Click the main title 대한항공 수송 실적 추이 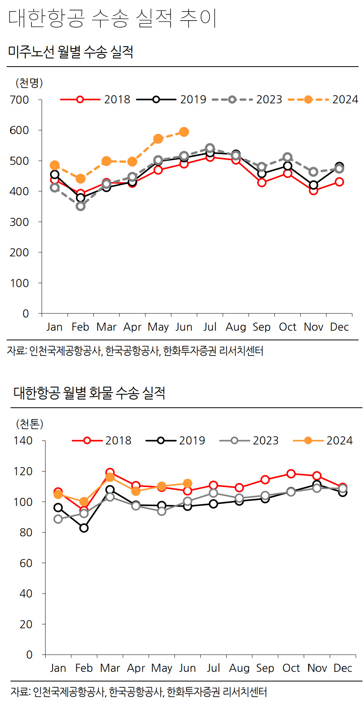tap(112, 18)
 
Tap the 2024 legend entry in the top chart tap(323, 100)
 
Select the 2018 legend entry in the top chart tap(95, 100)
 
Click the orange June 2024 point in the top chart tap(184, 132)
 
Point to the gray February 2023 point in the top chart tap(81, 206)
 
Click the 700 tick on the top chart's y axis tap(19, 100)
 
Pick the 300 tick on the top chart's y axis tap(19, 222)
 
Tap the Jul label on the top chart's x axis tap(210, 327)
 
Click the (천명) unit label tap(29, 83)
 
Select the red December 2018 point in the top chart tap(339, 182)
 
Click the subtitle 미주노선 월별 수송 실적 tap(70, 52)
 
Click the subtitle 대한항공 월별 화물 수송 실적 tap(89, 393)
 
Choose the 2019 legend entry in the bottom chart tap(175, 440)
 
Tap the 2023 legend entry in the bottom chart tap(249, 440)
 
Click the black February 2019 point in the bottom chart tap(84, 528)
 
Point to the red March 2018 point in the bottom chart tap(110, 472)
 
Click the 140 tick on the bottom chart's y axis tap(23, 441)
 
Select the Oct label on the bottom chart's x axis tap(291, 668)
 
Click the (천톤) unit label tap(30, 424)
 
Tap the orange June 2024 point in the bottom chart tap(187, 483)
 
